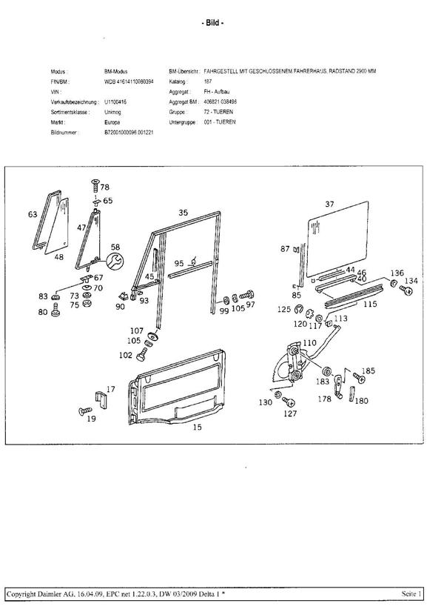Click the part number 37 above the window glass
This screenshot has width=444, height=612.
point(330,203)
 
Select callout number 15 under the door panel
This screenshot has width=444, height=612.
point(198,428)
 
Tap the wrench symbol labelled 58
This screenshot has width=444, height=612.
point(115,260)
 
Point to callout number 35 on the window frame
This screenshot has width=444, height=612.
point(183,212)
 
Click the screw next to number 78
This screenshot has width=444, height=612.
point(95,185)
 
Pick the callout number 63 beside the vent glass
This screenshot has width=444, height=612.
point(33,215)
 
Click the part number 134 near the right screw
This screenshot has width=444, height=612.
point(411,281)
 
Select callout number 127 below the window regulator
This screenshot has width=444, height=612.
point(290,415)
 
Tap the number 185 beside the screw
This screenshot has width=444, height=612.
point(368,371)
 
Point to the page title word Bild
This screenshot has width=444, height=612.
point(213,23)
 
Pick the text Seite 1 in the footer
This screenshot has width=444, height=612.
point(412,594)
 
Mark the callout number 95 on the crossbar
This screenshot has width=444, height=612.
point(179,263)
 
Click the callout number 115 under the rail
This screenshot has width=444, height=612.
point(371,303)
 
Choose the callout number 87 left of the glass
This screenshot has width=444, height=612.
point(285,249)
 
